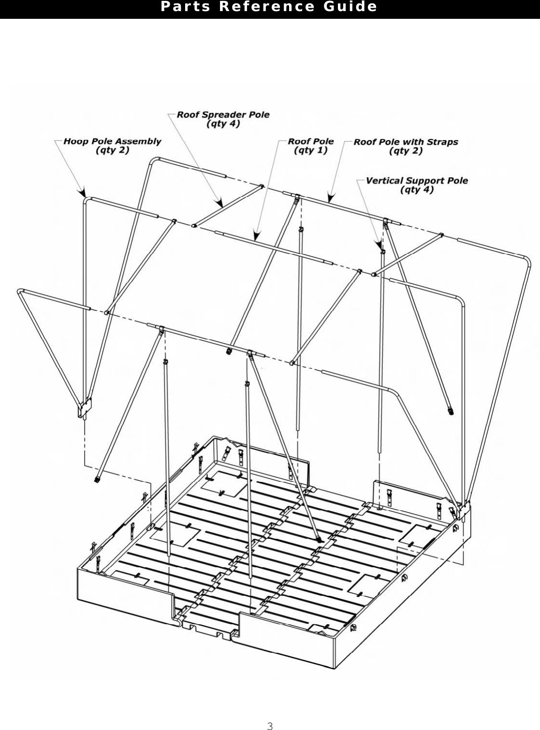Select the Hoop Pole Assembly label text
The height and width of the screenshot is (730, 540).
(x=113, y=141)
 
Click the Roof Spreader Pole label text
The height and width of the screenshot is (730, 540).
(x=223, y=115)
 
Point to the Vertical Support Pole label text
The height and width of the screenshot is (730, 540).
(x=417, y=181)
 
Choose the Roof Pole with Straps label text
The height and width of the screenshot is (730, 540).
(x=406, y=142)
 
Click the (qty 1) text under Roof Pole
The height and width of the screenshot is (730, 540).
(x=311, y=151)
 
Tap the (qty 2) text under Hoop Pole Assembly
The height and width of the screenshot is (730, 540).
(x=113, y=150)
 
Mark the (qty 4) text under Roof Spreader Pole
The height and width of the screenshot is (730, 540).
(x=223, y=124)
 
